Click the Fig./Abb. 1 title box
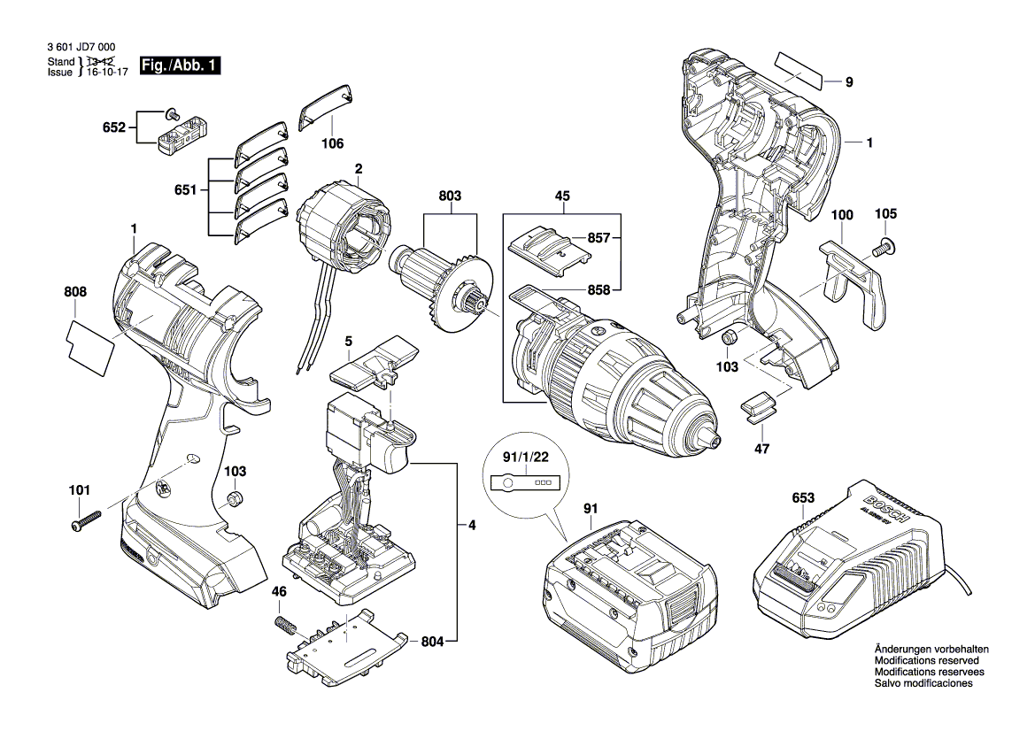[180, 65]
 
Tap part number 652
[113, 127]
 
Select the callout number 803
[450, 196]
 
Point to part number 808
[75, 292]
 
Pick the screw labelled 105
[884, 249]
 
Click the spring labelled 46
[284, 624]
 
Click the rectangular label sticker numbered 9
[799, 72]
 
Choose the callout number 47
[761, 449]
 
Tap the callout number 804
[432, 642]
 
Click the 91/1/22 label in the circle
[525, 457]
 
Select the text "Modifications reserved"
[927, 660]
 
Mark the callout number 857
[598, 237]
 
